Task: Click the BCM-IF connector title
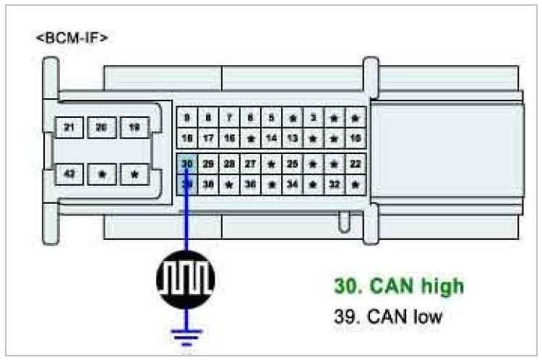pos(72,38)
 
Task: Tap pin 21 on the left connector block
pos(69,127)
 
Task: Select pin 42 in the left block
pos(69,174)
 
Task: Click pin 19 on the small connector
pos(134,127)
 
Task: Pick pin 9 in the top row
pos(187,117)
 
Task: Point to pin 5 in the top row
pos(271,117)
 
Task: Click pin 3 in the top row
pos(313,117)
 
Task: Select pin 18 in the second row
pos(187,137)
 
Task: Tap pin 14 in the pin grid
pos(271,137)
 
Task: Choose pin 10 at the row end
pos(355,137)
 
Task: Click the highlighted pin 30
pos(187,164)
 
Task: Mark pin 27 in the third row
pos(250,164)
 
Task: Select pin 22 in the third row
pos(355,164)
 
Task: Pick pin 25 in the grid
pos(292,164)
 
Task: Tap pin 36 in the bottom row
pos(250,184)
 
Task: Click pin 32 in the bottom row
pos(334,184)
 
